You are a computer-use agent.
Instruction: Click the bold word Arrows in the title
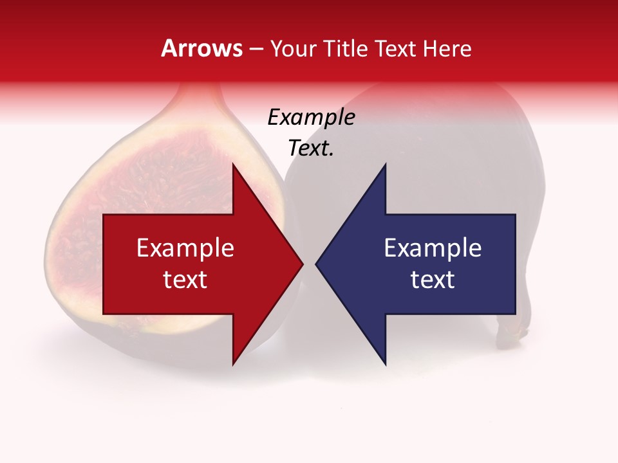click(x=202, y=48)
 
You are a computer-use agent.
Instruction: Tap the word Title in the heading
click(x=346, y=49)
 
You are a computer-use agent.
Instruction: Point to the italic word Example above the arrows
click(x=311, y=118)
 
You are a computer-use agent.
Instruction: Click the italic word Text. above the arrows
click(x=311, y=149)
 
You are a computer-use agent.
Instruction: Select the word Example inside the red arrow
click(x=185, y=248)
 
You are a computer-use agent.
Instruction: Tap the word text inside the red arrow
click(x=185, y=279)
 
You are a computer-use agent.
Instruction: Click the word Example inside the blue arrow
click(x=433, y=248)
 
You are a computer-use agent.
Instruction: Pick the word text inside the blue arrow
click(x=433, y=279)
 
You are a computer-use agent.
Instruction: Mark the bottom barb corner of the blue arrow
click(x=386, y=364)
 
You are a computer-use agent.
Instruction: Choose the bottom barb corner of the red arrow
click(x=233, y=364)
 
